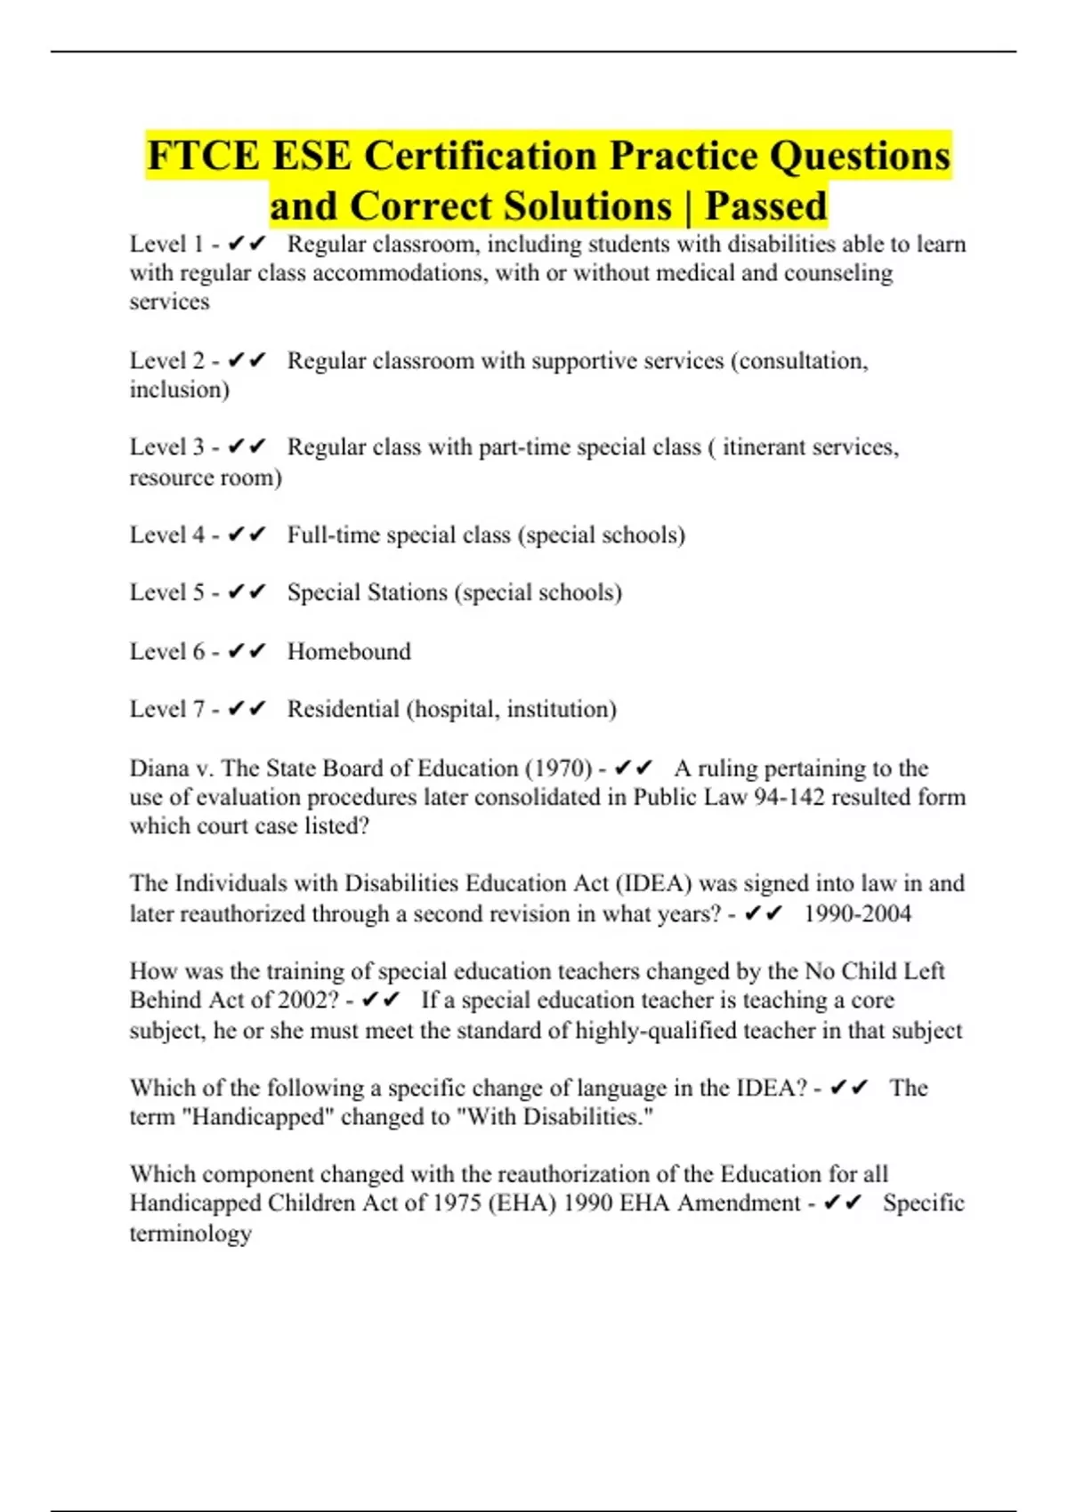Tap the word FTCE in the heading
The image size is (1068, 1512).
pos(203,156)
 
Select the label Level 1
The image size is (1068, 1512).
pos(166,244)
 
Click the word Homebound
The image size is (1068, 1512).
pos(349,651)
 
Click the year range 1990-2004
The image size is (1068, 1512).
pos(857,913)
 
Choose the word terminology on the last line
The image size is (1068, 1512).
pos(190,1233)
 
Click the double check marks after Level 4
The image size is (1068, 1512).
pos(247,535)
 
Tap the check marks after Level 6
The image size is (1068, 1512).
pos(247,651)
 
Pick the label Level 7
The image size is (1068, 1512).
pos(166,709)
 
